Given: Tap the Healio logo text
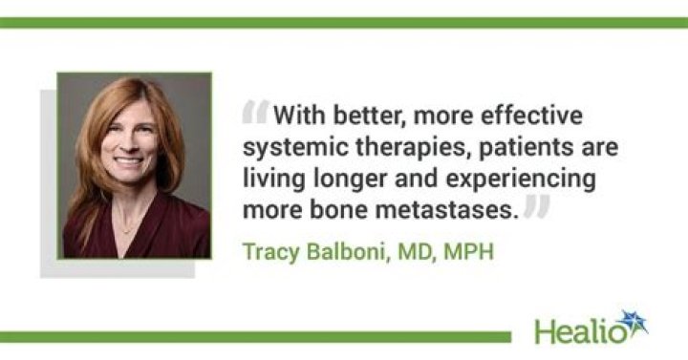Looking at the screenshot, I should click(578, 329).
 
